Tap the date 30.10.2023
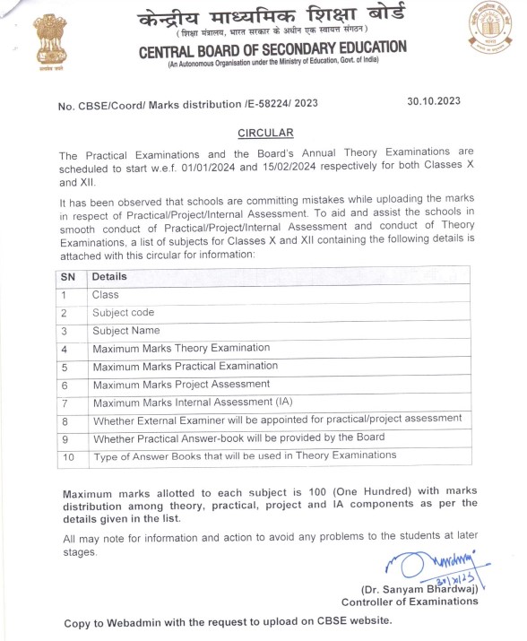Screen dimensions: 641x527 pyautogui.click(x=434, y=100)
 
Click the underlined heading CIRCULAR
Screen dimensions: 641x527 pyautogui.click(x=265, y=133)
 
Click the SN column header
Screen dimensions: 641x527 pyautogui.click(x=68, y=277)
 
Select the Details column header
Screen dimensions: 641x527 pyautogui.click(x=109, y=277)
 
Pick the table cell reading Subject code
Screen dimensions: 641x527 pyautogui.click(x=124, y=313)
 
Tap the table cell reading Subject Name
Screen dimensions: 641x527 pyautogui.click(x=126, y=331)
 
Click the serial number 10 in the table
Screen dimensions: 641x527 pyautogui.click(x=67, y=456)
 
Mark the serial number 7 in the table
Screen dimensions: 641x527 pyautogui.click(x=65, y=403)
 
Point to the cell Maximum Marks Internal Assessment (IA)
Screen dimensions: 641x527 pyautogui.click(x=186, y=402)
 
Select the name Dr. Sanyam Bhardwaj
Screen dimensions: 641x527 pyautogui.click(x=419, y=590)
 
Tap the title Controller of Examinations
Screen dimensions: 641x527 pyautogui.click(x=410, y=602)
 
